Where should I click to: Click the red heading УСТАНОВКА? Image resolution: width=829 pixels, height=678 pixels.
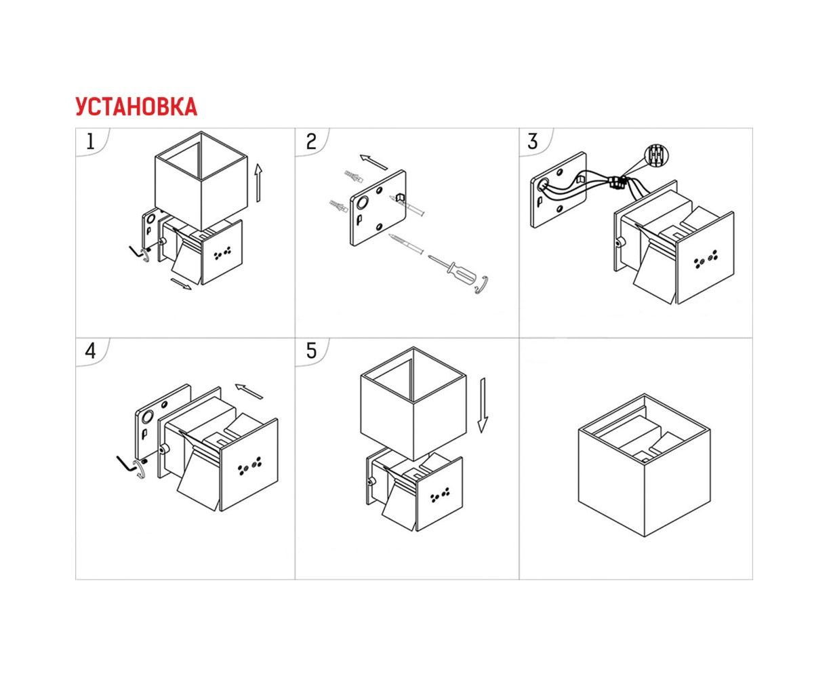pyautogui.click(x=136, y=106)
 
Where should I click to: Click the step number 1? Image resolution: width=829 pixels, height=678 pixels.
pyautogui.click(x=90, y=142)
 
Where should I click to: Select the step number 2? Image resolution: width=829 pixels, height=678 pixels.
pyautogui.click(x=311, y=142)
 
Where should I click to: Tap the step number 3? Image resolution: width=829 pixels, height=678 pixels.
pyautogui.click(x=533, y=142)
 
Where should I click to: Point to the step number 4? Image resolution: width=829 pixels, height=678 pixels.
pyautogui.click(x=90, y=351)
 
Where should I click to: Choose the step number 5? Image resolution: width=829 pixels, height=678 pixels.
pyautogui.click(x=311, y=351)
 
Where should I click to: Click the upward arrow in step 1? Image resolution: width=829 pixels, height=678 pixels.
pyautogui.click(x=258, y=183)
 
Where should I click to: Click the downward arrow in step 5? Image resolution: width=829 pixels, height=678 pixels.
pyautogui.click(x=483, y=405)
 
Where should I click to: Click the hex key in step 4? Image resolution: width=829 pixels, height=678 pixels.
pyautogui.click(x=125, y=463)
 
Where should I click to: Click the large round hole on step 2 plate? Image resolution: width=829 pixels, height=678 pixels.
pyautogui.click(x=362, y=203)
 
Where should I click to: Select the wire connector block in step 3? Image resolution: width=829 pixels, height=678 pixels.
pyautogui.click(x=618, y=182)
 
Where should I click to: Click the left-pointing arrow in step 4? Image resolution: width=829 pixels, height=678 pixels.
pyautogui.click(x=249, y=391)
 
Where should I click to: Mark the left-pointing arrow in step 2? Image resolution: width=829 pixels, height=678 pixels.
pyautogui.click(x=373, y=162)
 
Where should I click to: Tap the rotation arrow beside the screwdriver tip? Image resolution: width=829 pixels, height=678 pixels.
pyautogui.click(x=482, y=284)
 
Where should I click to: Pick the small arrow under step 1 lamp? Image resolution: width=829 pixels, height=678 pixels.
pyautogui.click(x=181, y=284)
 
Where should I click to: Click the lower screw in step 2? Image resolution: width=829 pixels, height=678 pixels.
pyautogui.click(x=405, y=244)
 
